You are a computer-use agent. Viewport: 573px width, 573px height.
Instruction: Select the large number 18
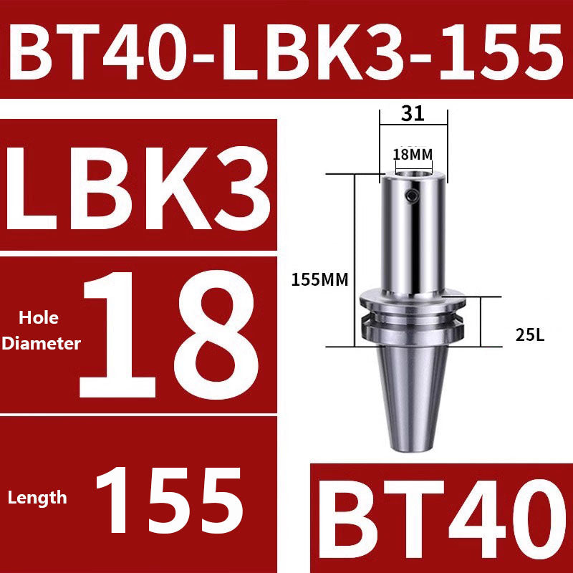point(169,334)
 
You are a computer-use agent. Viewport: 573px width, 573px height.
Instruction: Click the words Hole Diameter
point(40,330)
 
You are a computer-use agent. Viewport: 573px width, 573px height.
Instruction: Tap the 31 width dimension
point(413,113)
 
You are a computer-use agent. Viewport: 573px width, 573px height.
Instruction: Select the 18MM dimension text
point(413,155)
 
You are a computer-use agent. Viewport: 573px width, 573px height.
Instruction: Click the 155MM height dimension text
point(319,280)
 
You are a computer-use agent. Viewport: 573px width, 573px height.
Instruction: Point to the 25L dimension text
point(529,334)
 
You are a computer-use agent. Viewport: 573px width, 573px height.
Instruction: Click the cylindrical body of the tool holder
point(413,236)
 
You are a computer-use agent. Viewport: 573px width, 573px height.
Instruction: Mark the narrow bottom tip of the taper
point(413,446)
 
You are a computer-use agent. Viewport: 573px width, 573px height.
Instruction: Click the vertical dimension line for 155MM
point(353,258)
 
